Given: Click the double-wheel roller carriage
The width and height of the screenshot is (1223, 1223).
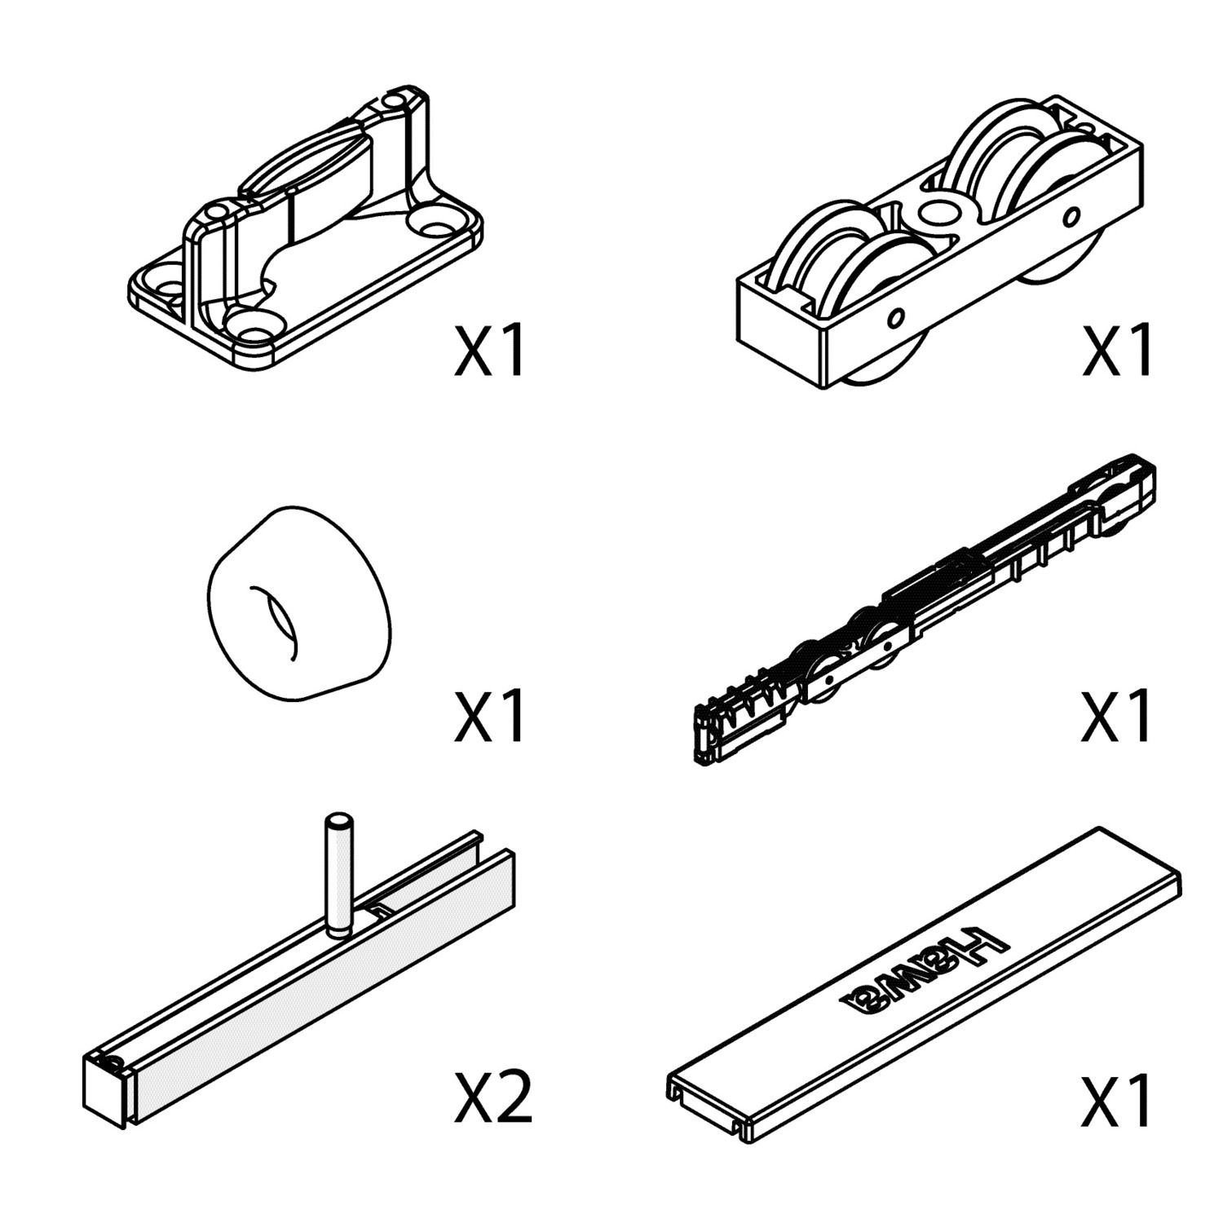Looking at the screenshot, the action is (938, 245).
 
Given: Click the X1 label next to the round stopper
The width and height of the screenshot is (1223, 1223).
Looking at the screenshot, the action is (489, 716).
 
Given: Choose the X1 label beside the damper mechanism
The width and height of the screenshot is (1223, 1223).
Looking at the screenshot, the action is (1117, 716).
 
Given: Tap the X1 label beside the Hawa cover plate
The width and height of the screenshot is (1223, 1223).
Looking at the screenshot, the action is (1117, 1099).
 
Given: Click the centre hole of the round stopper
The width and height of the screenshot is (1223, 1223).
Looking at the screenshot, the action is (276, 621).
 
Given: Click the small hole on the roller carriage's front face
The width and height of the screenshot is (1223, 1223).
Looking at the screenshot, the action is (897, 316).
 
